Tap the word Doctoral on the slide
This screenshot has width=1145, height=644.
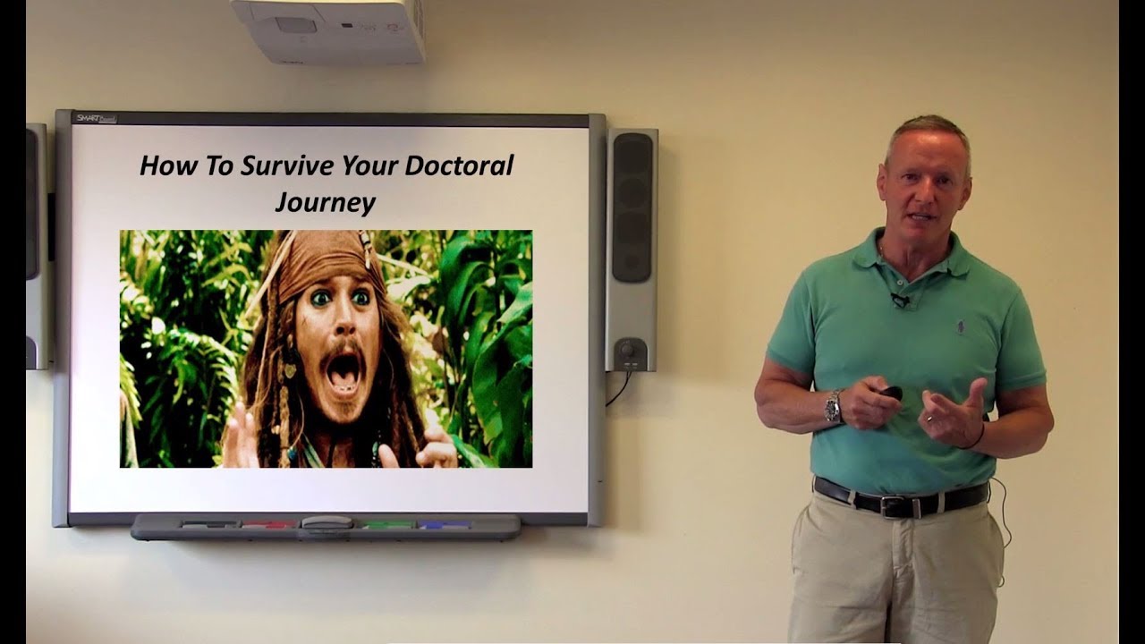point(459,166)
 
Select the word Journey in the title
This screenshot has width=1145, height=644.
point(325,202)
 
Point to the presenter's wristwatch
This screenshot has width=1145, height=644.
point(833,407)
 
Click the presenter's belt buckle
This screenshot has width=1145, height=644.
point(893,506)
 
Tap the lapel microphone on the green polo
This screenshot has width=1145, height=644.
point(899,301)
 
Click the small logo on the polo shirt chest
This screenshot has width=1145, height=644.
point(961,326)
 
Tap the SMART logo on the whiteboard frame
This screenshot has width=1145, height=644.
point(94,118)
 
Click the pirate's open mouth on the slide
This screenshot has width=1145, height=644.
point(345,369)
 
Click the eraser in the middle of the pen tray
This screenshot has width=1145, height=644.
point(327,523)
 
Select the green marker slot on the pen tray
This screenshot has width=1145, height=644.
point(386,524)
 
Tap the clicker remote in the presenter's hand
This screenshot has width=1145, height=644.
point(891,392)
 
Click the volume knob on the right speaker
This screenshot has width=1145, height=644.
point(626,348)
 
